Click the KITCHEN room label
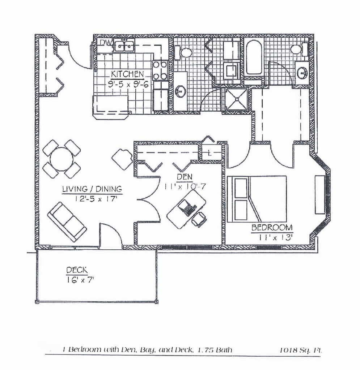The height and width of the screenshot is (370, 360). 127,74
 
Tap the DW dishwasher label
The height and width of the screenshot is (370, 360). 105,43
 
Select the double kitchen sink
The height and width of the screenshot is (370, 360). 124,46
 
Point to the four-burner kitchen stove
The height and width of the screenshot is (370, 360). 160,70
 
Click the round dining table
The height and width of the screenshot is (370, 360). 62,159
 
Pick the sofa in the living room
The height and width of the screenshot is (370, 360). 67,221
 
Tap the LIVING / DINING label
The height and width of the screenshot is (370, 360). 92,189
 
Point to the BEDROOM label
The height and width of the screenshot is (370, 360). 272,228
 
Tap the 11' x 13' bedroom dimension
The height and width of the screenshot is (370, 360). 275,237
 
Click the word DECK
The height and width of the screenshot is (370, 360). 77,270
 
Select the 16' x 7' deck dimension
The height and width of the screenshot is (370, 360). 80,280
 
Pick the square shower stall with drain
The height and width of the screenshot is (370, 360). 237,99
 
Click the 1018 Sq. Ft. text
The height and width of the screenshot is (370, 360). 301,350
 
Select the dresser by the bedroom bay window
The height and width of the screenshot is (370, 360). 319,195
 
